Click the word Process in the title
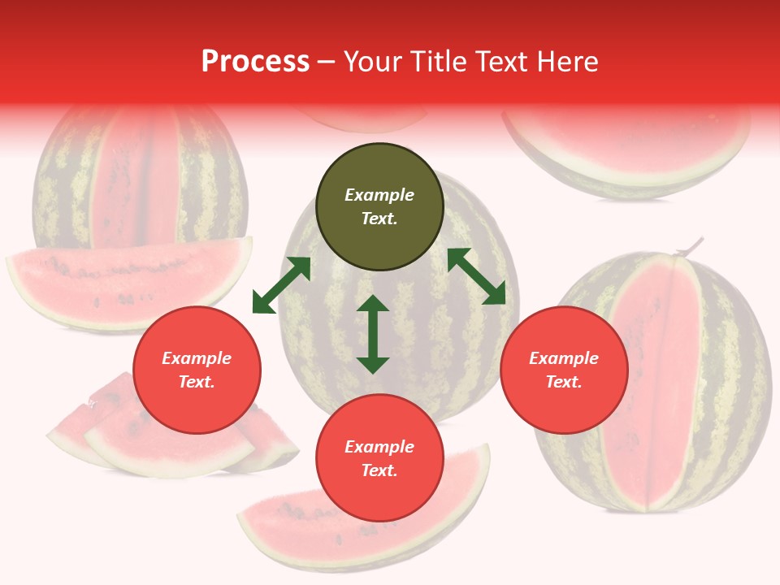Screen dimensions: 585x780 tap(255, 62)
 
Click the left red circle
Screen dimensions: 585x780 tap(197, 370)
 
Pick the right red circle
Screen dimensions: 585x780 tap(564, 370)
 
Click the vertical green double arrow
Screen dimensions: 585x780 tap(373, 334)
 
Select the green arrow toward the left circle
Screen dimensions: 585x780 tap(281, 285)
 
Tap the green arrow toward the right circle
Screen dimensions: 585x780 tap(476, 276)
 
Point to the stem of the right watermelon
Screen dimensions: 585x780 tap(690, 245)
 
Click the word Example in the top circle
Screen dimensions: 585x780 tap(379, 195)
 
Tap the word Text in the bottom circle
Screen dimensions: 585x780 tap(379, 470)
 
